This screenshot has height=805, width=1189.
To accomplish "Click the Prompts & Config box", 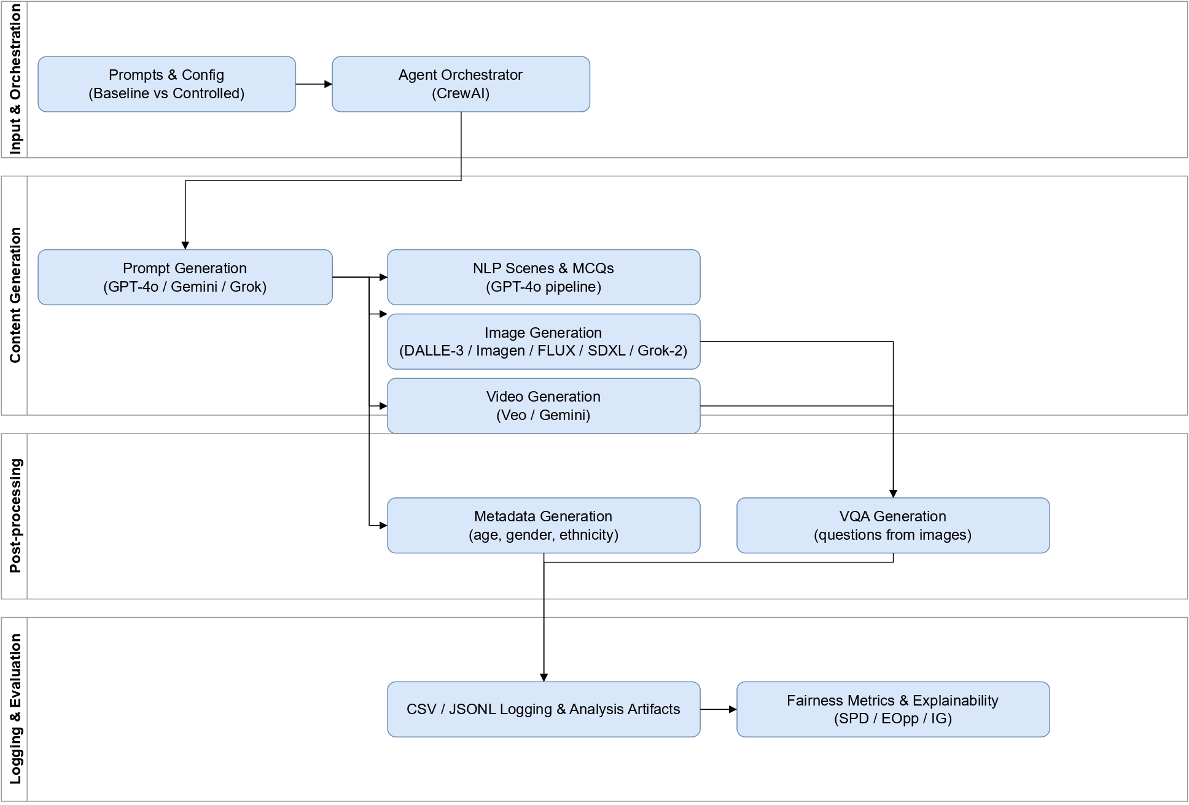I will [166, 84].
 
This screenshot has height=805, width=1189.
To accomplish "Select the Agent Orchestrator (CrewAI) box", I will [461, 84].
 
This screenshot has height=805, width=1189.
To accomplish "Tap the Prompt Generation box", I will [185, 277].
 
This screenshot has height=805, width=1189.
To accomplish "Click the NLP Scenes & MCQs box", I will [543, 277].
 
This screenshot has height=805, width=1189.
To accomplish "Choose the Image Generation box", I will [543, 341].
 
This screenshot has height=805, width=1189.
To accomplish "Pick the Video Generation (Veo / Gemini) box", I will [543, 406].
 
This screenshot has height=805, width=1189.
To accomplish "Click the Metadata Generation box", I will [543, 525].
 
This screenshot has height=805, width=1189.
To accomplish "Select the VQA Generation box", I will [892, 525].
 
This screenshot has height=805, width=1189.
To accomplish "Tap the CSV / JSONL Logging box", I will [543, 709].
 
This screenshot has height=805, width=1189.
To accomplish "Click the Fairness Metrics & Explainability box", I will [892, 709].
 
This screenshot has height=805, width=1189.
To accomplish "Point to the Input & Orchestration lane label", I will [15, 79].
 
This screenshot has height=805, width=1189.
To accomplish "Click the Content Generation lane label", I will [15, 295].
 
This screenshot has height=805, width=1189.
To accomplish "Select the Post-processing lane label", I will [15, 516].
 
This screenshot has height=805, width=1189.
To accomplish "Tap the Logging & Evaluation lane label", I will [15, 709].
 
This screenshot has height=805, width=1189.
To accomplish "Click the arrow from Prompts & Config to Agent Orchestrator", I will [313, 84].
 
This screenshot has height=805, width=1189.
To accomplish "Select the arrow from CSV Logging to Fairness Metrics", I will [718, 709].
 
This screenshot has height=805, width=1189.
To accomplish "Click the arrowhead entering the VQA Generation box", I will [893, 494].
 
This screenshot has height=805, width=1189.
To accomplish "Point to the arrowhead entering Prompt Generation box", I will [185, 246].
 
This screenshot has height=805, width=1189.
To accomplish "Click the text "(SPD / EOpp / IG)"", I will [892, 718].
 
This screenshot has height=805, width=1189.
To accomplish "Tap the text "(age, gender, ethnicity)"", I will [543, 535].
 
